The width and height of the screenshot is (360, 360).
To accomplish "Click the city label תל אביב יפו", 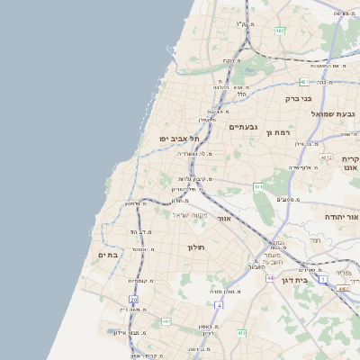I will [178, 139].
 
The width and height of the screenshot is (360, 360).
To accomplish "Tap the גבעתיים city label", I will [244, 127].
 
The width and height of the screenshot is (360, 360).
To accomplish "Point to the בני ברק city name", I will [298, 99].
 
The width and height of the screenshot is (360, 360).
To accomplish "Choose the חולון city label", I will [197, 247].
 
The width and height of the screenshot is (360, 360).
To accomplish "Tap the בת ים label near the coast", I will [108, 255].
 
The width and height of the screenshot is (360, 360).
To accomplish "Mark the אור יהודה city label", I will [342, 217].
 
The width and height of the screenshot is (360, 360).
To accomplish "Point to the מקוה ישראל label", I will [189, 214].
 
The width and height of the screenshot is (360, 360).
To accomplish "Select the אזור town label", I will [225, 219].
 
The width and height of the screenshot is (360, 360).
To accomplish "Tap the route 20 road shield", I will [133, 299].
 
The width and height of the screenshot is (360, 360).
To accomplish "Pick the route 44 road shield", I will [270, 278].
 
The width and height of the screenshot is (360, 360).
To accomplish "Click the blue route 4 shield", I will [218, 305].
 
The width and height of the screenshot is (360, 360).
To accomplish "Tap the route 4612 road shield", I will [258, 187].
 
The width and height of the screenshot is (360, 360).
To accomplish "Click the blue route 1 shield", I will [323, 280].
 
